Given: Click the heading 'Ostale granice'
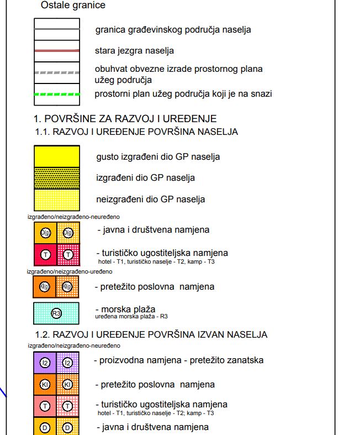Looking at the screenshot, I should tap(72, 6).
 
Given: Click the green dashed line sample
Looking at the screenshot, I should tap(56, 95).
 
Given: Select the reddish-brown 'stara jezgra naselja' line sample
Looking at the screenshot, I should tap(56, 51).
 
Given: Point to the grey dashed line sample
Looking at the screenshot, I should tap(56, 72).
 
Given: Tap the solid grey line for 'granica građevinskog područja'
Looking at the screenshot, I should tap(56, 29).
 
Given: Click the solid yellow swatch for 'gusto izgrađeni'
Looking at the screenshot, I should tap(56, 156).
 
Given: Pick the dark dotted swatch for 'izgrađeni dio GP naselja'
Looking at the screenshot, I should tap(56, 178).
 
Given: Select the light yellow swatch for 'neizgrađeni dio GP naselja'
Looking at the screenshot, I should tap(56, 199).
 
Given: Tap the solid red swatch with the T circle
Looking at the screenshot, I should tap(45, 255).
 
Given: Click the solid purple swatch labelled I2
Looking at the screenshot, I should tap(45, 363).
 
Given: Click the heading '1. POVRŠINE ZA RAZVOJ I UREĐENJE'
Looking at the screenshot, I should tap(125, 119).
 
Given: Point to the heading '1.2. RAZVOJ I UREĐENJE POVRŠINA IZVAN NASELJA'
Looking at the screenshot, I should tap(151, 335).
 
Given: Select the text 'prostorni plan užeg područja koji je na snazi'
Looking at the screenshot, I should tap(183, 94).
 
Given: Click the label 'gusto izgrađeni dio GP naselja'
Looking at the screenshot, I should tap(158, 156).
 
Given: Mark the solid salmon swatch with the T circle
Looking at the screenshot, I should tap(45, 406).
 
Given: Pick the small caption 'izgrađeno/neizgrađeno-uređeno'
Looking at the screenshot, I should tap(70, 271).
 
